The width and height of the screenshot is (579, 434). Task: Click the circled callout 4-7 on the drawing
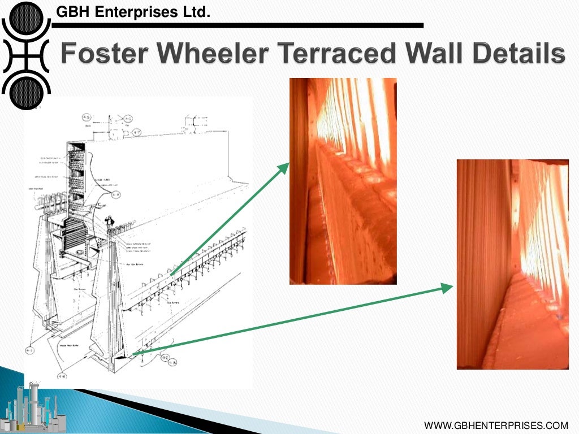pyautogui.click(x=136, y=133)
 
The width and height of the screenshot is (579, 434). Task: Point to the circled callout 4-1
pyautogui.click(x=30, y=351)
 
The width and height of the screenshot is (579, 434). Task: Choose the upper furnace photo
pyautogui.click(x=343, y=181)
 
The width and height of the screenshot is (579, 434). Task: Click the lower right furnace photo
pyautogui.click(x=512, y=264)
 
